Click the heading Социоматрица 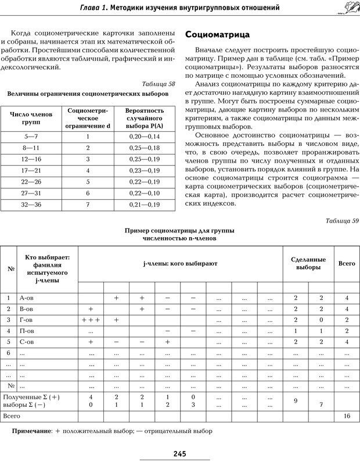tap(218, 34)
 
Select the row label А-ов tap(26, 298)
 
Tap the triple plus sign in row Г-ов tap(91, 320)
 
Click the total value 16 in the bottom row tap(347, 417)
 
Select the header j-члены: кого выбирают tap(180, 264)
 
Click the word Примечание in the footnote tap(31, 432)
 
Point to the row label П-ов tap(26, 331)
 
